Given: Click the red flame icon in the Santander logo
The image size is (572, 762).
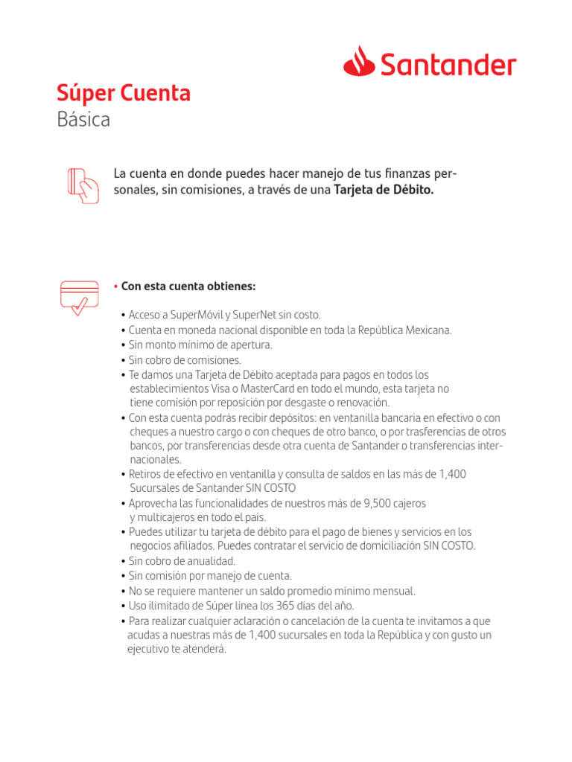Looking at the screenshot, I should (360, 61).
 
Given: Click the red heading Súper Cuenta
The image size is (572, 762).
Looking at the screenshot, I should (124, 94).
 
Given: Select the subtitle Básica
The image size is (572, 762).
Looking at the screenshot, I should (83, 119).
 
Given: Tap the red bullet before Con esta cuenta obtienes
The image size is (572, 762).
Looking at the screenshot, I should (116, 287).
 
